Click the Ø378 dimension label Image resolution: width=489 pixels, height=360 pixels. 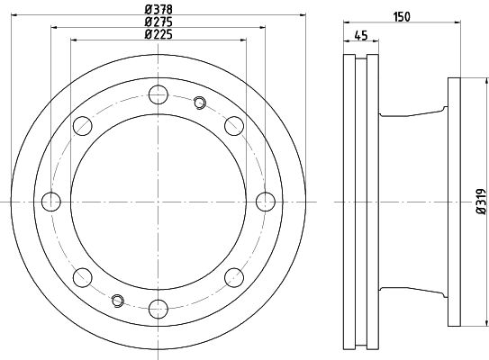(x=158, y=10)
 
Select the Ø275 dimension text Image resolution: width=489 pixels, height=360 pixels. (x=158, y=22)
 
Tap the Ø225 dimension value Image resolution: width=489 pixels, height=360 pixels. (x=158, y=34)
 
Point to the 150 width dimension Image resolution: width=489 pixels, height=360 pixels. (x=402, y=17)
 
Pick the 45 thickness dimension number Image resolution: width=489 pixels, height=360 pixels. (x=361, y=35)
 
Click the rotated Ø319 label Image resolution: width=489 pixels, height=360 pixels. (x=482, y=202)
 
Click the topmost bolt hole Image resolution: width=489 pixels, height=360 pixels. (x=158, y=94)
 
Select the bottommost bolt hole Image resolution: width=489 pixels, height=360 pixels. (x=158, y=309)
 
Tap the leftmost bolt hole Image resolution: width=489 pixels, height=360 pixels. (x=51, y=202)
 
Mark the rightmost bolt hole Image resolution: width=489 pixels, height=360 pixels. (x=266, y=202)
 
